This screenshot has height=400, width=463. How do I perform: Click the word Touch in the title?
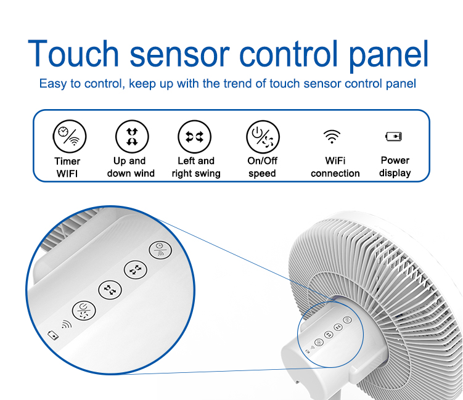[x=73, y=54]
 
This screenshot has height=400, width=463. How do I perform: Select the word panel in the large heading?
[x=388, y=56]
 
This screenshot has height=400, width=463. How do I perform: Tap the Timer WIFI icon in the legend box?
[x=70, y=136]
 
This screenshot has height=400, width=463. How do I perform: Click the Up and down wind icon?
[x=132, y=137]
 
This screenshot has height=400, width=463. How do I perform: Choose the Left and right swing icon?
[x=195, y=137]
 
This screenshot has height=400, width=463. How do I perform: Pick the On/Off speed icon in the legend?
[x=263, y=137]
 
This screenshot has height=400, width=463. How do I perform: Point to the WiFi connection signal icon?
[x=332, y=136]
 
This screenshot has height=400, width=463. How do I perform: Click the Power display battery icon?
[x=393, y=136]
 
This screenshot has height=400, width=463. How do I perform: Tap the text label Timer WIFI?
[x=67, y=168]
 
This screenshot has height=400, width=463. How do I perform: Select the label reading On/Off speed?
[x=262, y=167]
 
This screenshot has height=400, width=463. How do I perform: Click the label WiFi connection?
[x=335, y=167]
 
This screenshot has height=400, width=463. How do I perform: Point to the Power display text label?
[x=395, y=167]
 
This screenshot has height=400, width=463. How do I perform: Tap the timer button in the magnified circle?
[x=160, y=250]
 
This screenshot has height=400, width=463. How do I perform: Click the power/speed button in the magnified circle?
[x=84, y=311]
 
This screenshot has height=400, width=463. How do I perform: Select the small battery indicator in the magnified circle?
[x=53, y=335]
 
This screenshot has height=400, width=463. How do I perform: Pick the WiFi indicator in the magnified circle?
[x=67, y=324]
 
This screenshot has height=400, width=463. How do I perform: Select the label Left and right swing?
[x=196, y=168]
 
